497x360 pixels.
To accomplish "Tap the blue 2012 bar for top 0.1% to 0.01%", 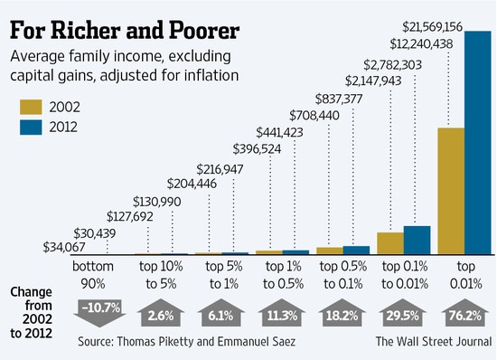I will [x=417, y=241].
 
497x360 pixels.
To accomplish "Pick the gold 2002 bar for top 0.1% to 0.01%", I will [x=389, y=244].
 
